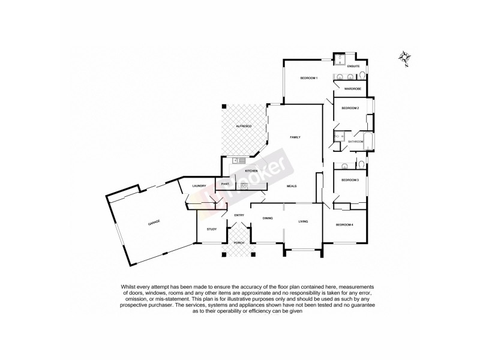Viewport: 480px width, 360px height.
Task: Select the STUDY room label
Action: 212,229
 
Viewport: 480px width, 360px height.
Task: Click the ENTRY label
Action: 239,215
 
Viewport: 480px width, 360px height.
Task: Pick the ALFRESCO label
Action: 243,127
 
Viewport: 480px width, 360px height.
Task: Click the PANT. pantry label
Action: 226,184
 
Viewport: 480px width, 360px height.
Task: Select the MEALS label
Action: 292,186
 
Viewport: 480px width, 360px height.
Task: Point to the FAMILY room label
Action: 295,137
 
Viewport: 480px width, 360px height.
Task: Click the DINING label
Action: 268,218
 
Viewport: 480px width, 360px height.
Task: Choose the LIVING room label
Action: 303,222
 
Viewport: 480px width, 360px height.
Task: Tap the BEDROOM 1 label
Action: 309,78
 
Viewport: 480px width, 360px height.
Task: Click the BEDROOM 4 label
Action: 344,225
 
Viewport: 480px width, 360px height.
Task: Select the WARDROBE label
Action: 352,89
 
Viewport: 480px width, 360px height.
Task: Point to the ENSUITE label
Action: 353,65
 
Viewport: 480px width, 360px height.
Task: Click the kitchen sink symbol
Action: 238,160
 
